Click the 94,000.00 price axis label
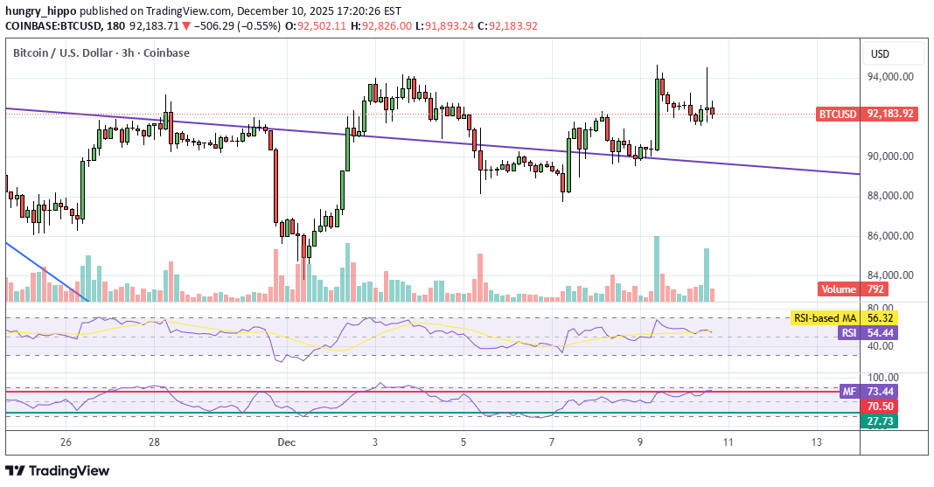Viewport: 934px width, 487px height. pyautogui.click(x=890, y=77)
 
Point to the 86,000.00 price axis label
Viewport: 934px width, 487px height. pyautogui.click(x=890, y=236)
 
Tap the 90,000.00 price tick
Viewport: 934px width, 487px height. pyautogui.click(x=890, y=157)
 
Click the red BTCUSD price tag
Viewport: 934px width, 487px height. pyautogui.click(x=837, y=114)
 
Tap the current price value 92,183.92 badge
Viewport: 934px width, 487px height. pyautogui.click(x=890, y=114)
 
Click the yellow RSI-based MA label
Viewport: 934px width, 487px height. pyautogui.click(x=825, y=318)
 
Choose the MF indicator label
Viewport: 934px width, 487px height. pyautogui.click(x=847, y=392)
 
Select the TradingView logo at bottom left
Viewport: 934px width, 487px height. pyautogui.click(x=59, y=470)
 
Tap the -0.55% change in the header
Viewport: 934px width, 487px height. pyautogui.click(x=261, y=26)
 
